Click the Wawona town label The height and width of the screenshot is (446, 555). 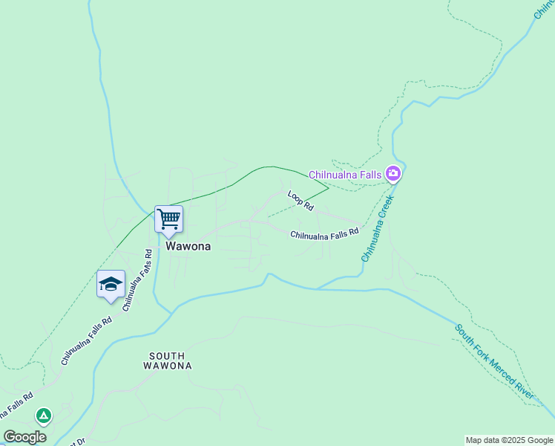tap(188, 246)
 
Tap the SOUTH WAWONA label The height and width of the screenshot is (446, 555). tap(170, 361)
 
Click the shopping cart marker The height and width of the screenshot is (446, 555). tap(168, 219)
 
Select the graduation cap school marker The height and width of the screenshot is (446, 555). tap(111, 284)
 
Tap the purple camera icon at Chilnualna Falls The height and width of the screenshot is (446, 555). tap(393, 175)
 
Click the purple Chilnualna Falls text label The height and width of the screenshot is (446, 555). tap(345, 175)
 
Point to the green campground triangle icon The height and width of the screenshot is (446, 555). tap(44, 416)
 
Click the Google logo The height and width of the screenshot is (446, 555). tap(24, 437)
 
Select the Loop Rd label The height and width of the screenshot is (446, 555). tap(301, 201)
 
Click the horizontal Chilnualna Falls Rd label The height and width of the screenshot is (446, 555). tap(324, 235)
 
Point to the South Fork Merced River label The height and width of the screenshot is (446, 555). tap(495, 361)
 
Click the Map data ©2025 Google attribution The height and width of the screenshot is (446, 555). tap(510, 440)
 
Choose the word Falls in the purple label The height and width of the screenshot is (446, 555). tap(369, 175)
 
